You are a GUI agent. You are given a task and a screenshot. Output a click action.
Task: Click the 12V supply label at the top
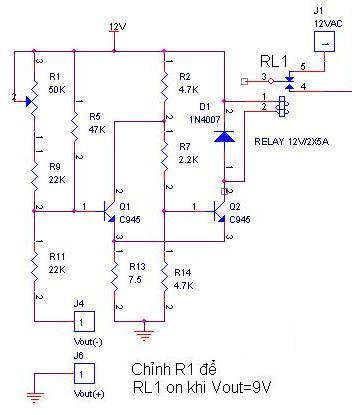(x=118, y=26)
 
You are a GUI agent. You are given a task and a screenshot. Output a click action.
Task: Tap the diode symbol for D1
(x=224, y=136)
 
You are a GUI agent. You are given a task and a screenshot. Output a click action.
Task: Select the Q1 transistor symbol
(x=110, y=211)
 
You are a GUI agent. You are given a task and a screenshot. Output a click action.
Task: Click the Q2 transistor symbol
(x=220, y=211)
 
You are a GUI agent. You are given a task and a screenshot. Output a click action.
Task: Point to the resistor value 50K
(x=57, y=90)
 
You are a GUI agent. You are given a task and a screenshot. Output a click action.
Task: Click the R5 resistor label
(x=95, y=116)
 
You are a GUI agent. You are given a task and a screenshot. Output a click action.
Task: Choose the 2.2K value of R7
(x=189, y=160)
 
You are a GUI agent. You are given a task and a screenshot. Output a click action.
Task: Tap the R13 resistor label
(x=137, y=266)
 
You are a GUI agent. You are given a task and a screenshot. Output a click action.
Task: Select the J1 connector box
(x=324, y=42)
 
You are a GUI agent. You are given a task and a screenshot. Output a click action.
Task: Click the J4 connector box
(x=84, y=321)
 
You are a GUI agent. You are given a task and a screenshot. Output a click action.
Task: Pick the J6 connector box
(x=84, y=373)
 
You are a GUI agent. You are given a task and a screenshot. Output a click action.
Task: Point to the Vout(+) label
(x=89, y=394)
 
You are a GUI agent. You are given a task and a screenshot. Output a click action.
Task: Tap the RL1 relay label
(x=274, y=62)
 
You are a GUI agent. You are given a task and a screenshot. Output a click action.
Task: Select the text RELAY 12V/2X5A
(x=291, y=141)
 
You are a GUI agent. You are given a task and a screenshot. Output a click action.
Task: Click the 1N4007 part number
(x=205, y=120)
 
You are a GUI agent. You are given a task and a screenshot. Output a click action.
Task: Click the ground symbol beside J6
(x=35, y=397)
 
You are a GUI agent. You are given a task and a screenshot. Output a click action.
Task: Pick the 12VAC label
(x=328, y=24)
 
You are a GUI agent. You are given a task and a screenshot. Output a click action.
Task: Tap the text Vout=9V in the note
(x=242, y=387)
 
